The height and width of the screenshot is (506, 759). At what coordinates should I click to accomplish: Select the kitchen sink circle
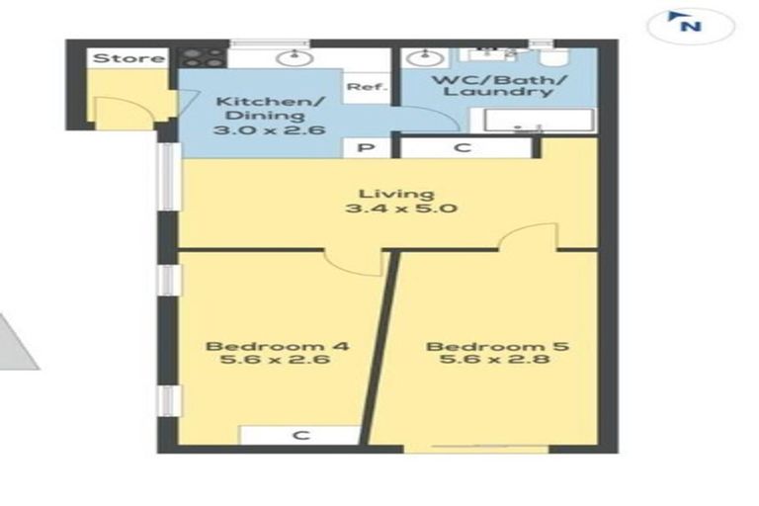click(x=295, y=57)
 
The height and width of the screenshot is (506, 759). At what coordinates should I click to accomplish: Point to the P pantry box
click(x=363, y=148)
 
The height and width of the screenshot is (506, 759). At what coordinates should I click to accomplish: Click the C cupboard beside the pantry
click(x=462, y=148)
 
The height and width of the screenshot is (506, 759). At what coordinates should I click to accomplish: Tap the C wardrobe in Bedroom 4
click(x=299, y=435)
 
